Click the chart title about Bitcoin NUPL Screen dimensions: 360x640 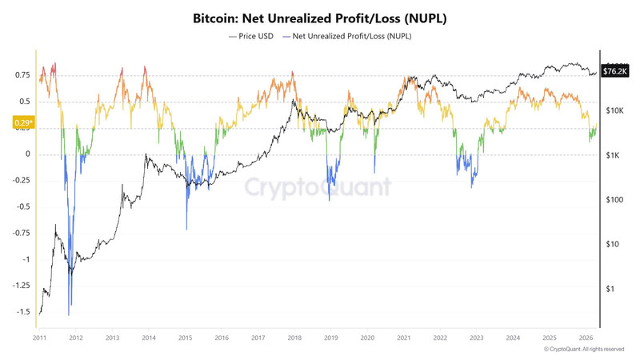pos(319,17)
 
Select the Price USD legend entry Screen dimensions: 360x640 pos(253,36)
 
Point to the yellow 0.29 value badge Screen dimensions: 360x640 pos(23,123)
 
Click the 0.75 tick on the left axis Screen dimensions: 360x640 pos(22,75)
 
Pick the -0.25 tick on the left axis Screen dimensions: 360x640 pos(22,180)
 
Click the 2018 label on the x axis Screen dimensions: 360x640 pos(294,338)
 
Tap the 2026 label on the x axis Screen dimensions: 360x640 pos(584,338)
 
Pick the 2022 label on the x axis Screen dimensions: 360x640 pos(439,338)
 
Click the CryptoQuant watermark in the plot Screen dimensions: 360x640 pos(318,187)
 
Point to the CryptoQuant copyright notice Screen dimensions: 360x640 pos(583,350)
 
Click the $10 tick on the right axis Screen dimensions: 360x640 pos(614,244)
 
